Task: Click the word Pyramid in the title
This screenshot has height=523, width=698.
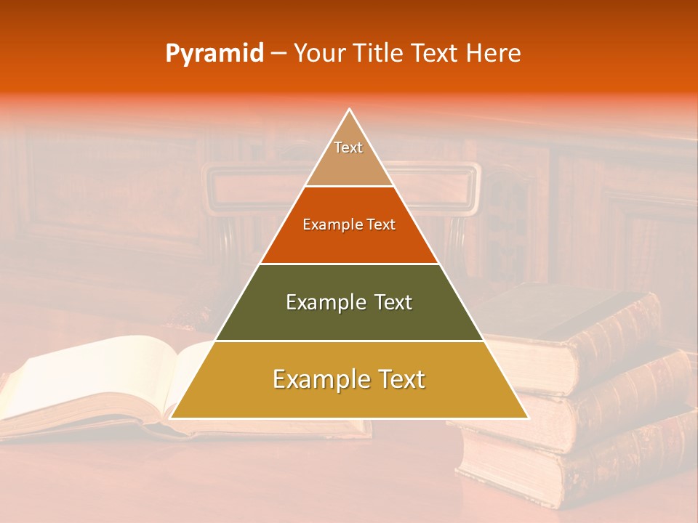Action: [214, 54]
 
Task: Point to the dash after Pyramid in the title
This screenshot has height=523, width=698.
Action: [278, 54]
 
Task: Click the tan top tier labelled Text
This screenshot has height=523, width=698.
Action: [349, 156]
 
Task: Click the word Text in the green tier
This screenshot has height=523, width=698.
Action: [392, 302]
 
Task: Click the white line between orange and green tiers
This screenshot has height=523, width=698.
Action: [349, 264]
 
